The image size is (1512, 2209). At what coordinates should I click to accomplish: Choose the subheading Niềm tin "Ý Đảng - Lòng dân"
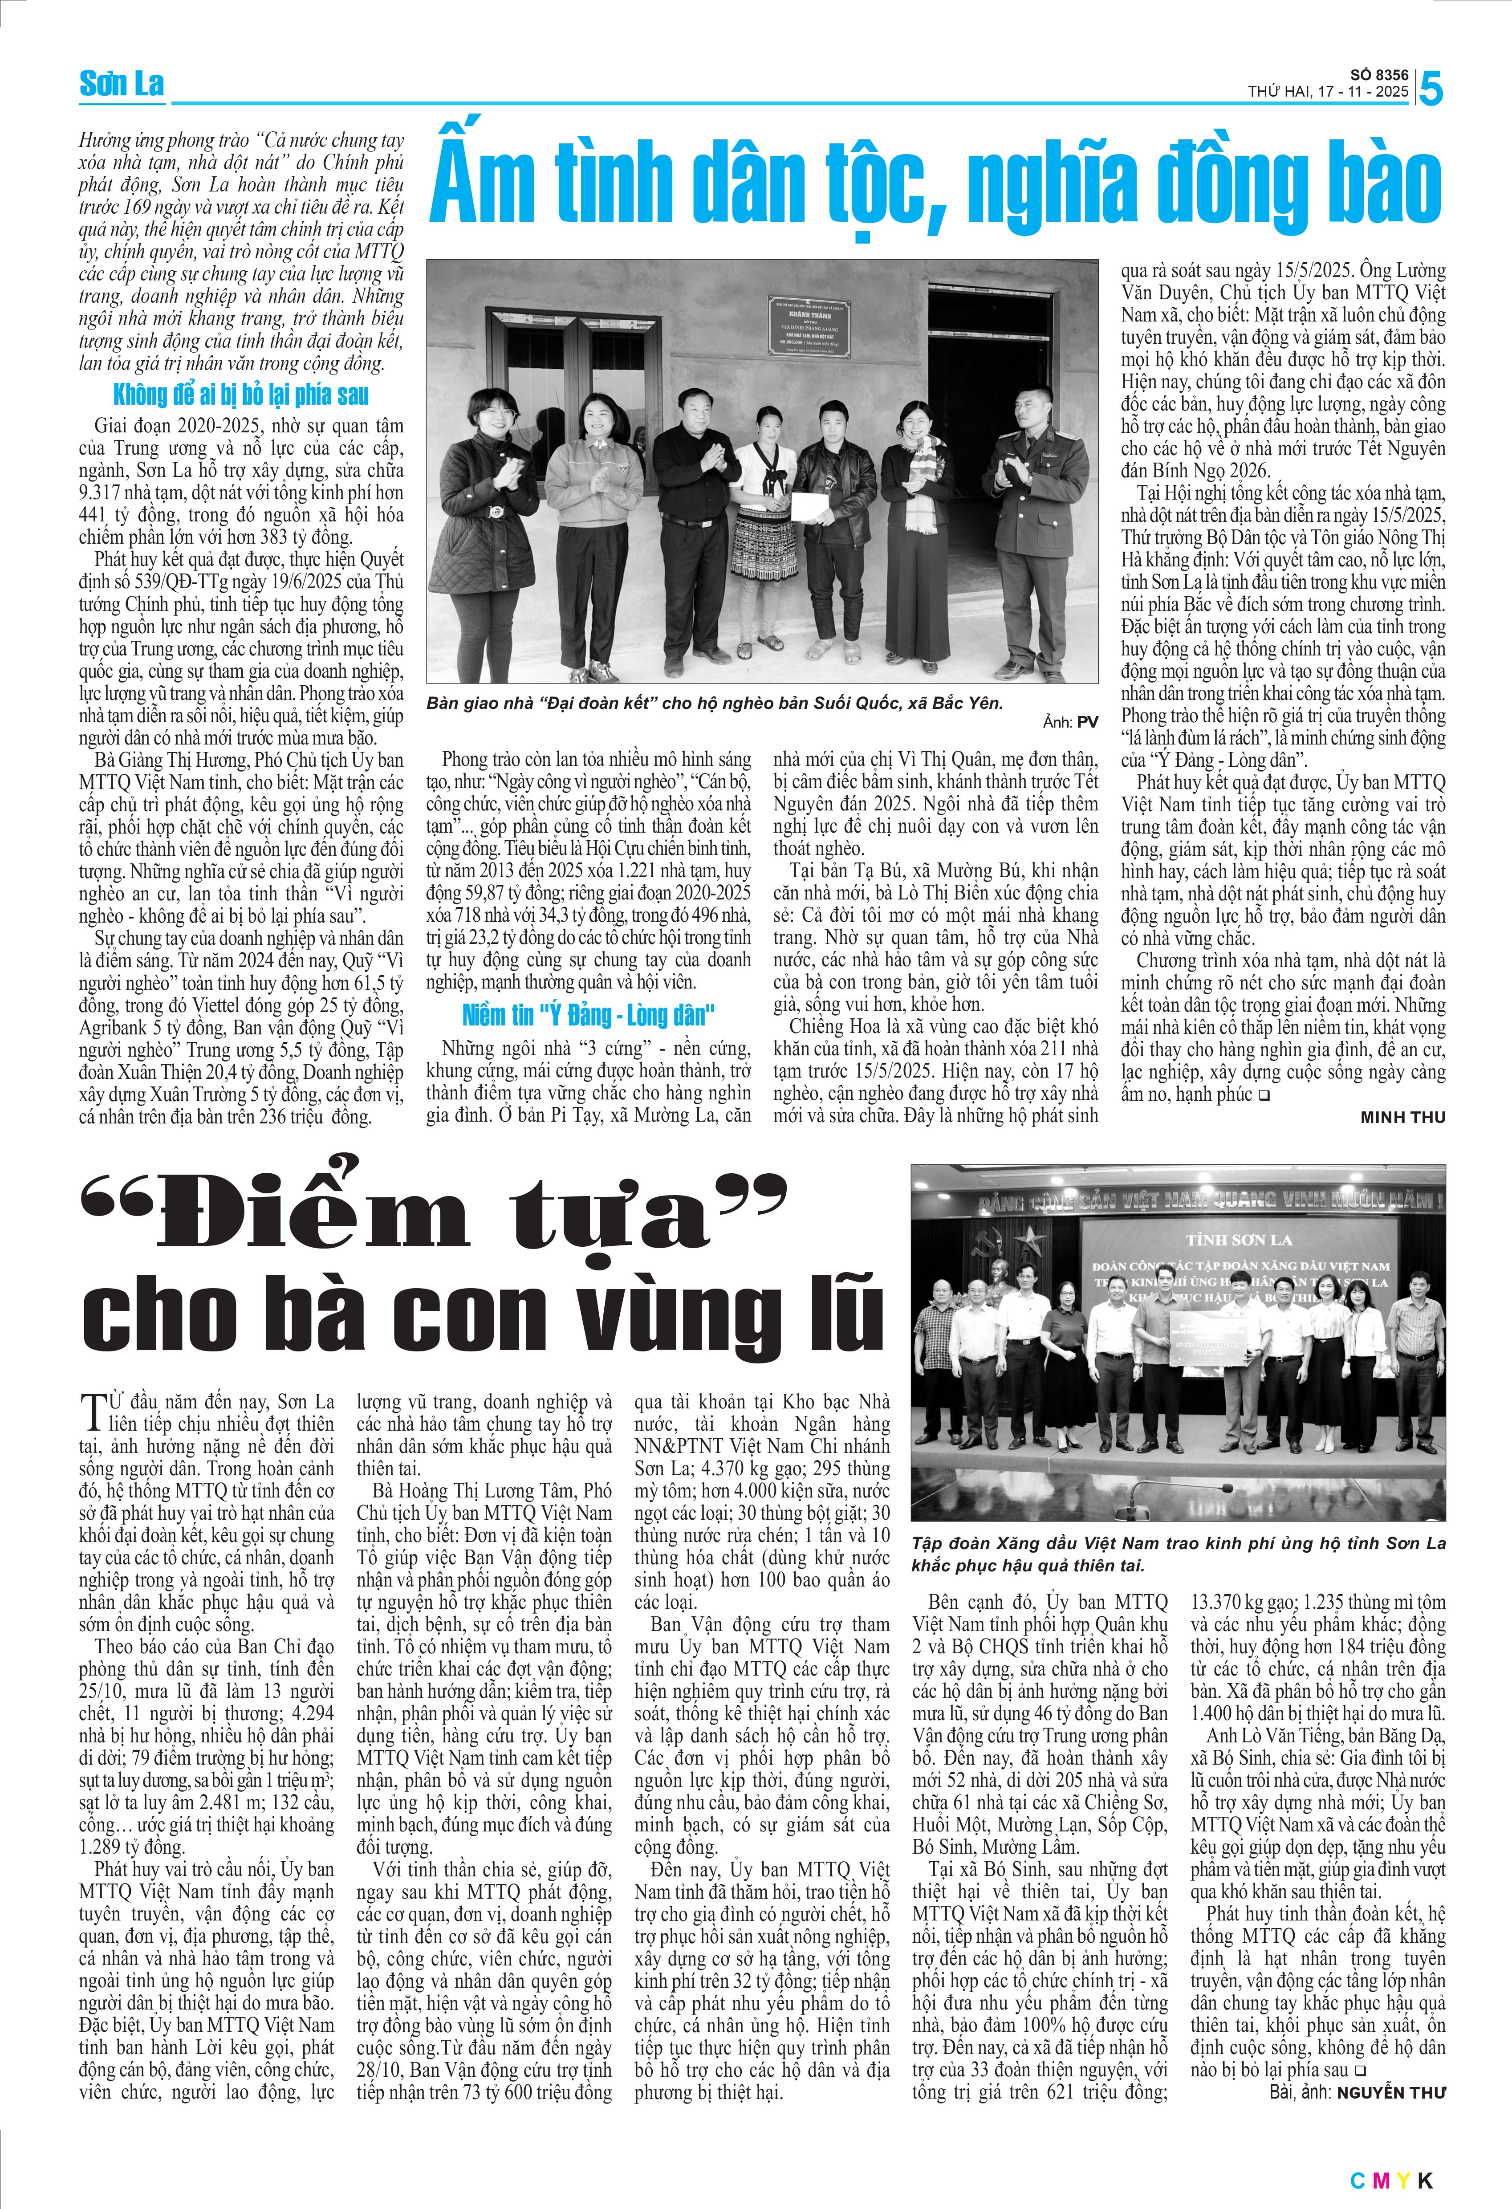[x=588, y=1015]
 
